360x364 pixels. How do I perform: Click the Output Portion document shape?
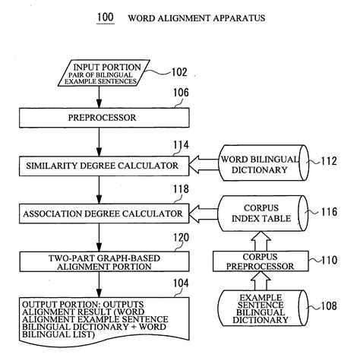(99, 318)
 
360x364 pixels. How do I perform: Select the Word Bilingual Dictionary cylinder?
(264, 165)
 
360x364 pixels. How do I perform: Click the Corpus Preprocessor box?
(262, 261)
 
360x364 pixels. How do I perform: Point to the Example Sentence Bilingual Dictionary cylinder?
(262, 308)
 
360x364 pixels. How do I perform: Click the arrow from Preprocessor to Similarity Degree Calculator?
(99, 142)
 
